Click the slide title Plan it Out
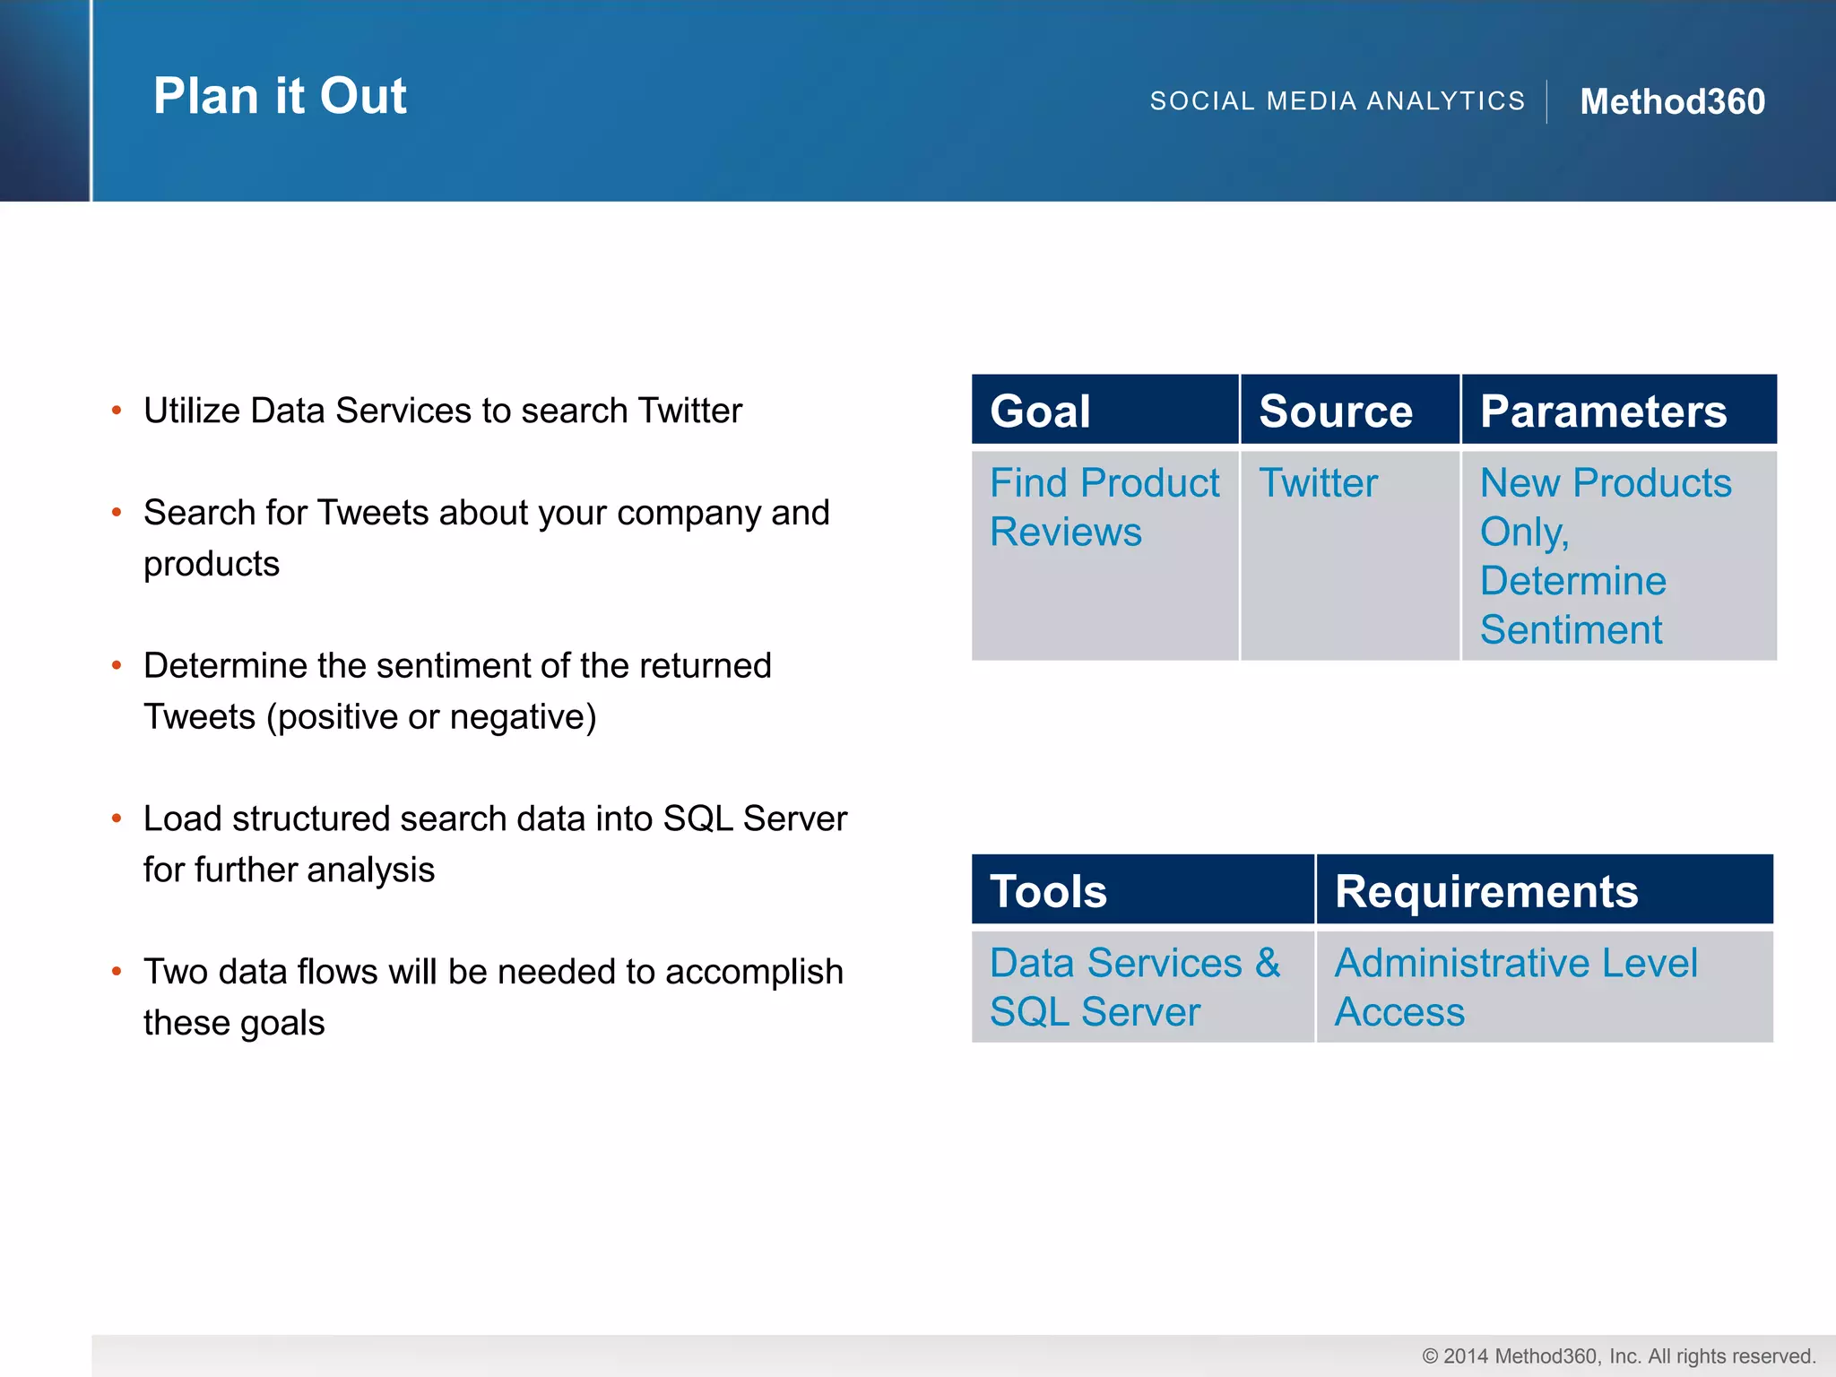(280, 97)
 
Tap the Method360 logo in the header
(1672, 101)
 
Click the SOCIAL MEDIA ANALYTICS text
(1337, 101)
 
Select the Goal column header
(1040, 411)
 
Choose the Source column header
(1335, 411)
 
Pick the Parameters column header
(1603, 411)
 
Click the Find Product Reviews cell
(1104, 507)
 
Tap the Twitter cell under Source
(1318, 483)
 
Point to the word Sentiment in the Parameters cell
(1571, 629)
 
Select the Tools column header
(1048, 891)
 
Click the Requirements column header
(1485, 891)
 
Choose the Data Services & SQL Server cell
(1134, 987)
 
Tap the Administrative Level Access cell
(1515, 987)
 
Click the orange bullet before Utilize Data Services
(117, 411)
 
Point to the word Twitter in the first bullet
(689, 411)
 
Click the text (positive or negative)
(431, 717)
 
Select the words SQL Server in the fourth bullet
(755, 818)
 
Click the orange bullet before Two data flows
(117, 972)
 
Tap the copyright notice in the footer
(1618, 1355)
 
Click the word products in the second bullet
(212, 564)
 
